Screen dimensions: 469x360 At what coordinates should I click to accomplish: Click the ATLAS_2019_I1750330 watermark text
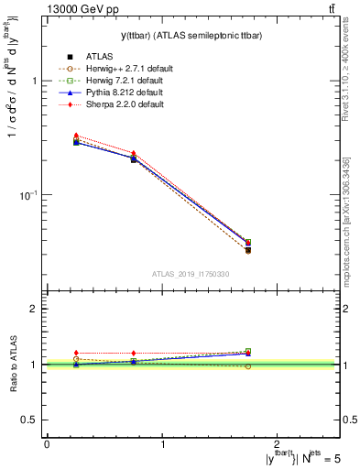coord(191,274)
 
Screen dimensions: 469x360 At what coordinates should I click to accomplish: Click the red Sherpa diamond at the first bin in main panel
coord(76,136)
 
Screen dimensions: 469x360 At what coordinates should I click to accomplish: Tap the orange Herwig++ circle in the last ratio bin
coord(247,366)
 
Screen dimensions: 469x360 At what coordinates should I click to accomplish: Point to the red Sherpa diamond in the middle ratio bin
coord(134,353)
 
